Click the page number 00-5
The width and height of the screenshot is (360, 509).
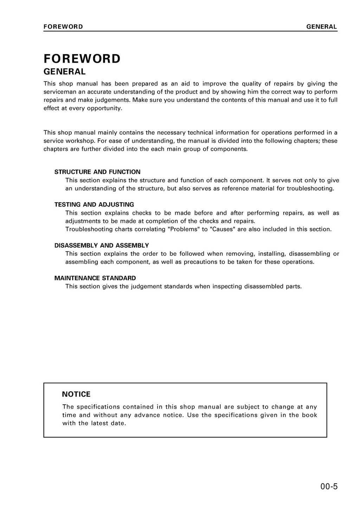coord(329,487)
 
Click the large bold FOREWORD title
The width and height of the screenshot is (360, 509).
coord(82,59)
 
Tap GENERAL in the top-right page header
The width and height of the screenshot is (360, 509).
coord(321,27)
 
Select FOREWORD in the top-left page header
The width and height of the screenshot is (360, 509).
coord(63,27)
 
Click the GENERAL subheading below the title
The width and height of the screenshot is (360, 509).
coord(64,72)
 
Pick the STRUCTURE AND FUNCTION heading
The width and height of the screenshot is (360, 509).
coord(97,172)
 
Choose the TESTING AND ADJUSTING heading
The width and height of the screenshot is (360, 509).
coord(94,204)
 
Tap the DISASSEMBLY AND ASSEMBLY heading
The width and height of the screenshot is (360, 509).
coord(102,245)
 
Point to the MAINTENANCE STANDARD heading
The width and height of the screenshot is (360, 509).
coord(95,278)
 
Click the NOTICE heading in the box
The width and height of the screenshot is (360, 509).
coord(76,394)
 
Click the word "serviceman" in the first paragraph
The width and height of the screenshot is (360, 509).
coord(59,92)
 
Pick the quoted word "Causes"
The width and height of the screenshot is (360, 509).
coord(223,229)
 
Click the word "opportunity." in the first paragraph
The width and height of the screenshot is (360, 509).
coord(105,108)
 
